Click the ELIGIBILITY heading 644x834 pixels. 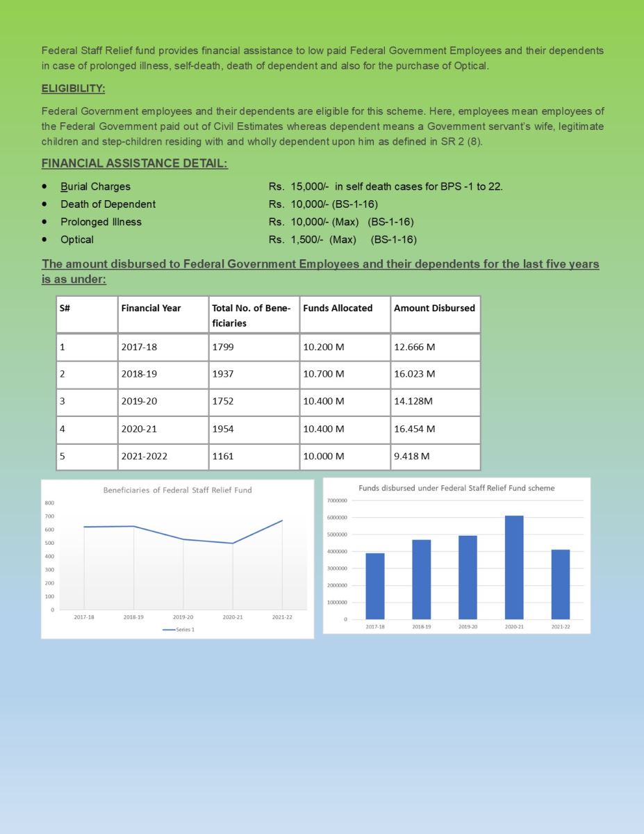[x=73, y=89]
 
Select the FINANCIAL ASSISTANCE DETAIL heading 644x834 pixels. [x=134, y=163]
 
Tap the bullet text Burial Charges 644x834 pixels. [x=95, y=186]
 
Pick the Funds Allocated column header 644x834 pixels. [x=338, y=308]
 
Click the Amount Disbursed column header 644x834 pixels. [x=434, y=308]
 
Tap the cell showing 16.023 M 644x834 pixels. [x=414, y=374]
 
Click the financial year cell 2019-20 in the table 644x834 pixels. [x=139, y=401]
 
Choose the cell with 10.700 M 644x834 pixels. [x=324, y=374]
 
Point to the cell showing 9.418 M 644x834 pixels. [x=411, y=457]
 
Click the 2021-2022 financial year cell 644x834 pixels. [x=144, y=457]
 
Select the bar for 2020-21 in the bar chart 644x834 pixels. [x=514, y=567]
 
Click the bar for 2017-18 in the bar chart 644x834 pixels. [x=374, y=586]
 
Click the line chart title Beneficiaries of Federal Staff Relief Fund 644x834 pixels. [x=177, y=490]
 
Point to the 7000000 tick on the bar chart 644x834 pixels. [x=336, y=500]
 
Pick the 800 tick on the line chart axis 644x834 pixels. [x=51, y=502]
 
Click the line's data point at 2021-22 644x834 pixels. [x=282, y=521]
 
